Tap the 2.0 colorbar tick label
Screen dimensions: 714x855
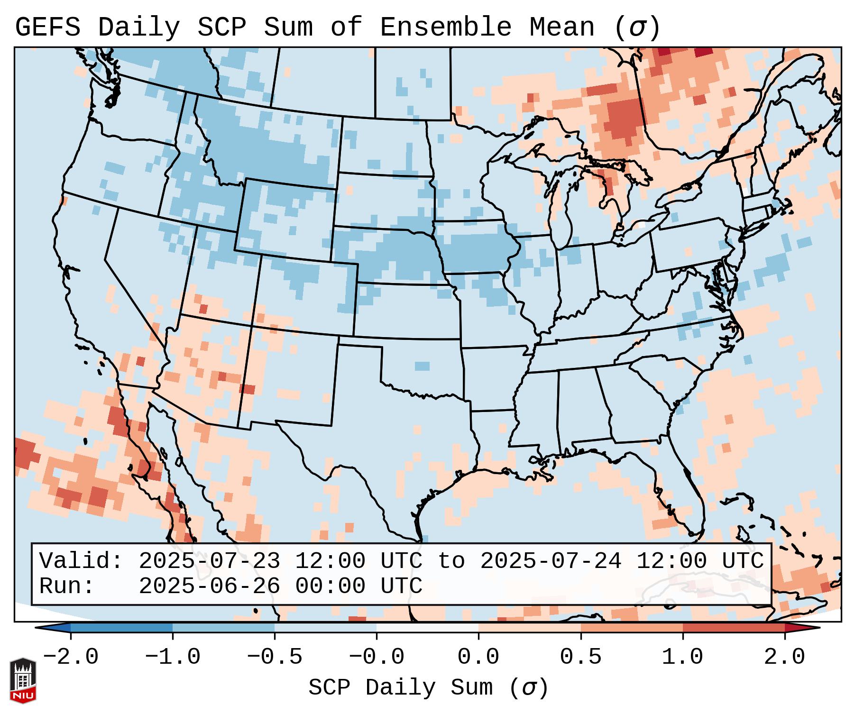[x=784, y=657]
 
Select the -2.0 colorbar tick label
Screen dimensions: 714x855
[x=71, y=657]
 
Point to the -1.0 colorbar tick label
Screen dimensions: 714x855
[x=173, y=657]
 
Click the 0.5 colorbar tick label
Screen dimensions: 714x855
[x=580, y=657]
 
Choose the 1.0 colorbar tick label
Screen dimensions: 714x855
[x=682, y=657]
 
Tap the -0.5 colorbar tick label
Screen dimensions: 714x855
[x=275, y=657]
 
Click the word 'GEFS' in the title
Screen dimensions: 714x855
[x=47, y=27]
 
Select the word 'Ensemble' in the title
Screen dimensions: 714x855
[x=445, y=27]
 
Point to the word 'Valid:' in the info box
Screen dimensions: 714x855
[x=81, y=561]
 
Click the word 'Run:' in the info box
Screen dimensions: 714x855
[x=67, y=586]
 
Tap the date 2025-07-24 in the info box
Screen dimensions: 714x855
[x=551, y=561]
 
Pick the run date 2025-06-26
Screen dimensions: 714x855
[x=209, y=586]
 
